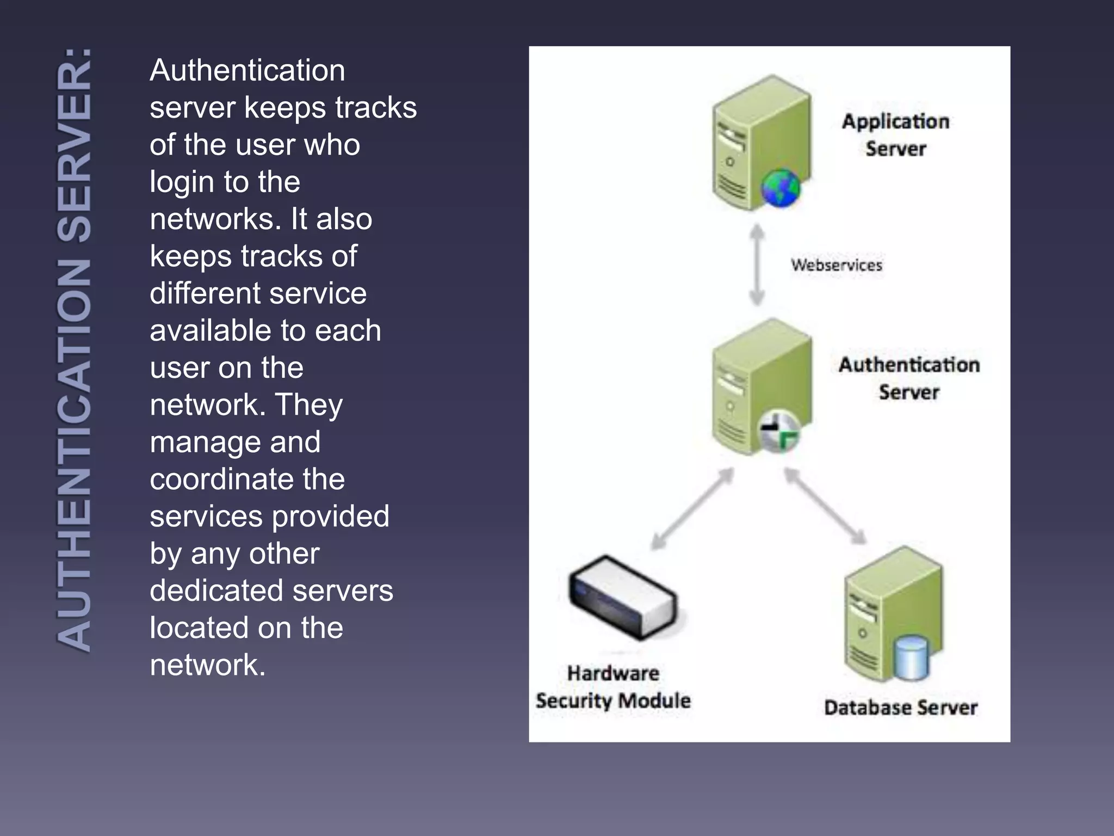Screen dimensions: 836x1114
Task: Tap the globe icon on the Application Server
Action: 781,188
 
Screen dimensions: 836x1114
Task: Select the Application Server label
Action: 895,135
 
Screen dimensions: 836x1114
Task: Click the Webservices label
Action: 836,265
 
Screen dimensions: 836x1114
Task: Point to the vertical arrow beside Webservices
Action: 757,265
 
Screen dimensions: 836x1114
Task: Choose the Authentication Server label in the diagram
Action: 909,378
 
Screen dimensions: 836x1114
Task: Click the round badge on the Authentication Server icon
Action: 779,431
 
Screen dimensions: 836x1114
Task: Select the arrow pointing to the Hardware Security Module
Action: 692,509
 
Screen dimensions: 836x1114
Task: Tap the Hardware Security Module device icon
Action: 624,597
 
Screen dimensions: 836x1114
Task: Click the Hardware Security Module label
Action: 613,687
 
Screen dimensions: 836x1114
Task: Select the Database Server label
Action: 900,708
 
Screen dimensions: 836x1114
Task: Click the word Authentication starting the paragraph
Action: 247,70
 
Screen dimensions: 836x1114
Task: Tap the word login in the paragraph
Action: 182,182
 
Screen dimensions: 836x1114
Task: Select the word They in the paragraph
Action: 308,405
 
